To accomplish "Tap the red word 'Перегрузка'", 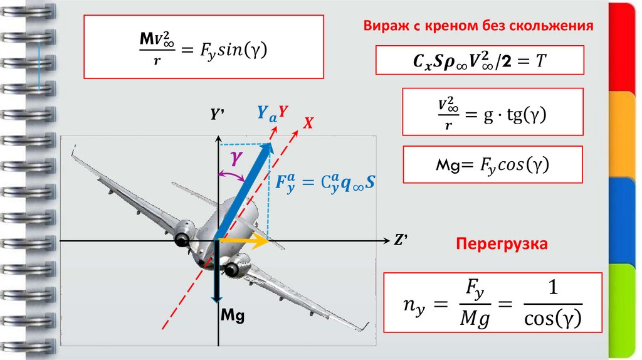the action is pos(502,243).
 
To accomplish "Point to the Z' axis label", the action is pos(401,240).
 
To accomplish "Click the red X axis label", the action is pos(308,124).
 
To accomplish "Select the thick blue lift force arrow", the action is pos(245,191).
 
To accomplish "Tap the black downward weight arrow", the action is pos(216,273).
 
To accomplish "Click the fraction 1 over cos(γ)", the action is pos(552,304).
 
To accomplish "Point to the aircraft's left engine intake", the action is pos(182,239).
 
